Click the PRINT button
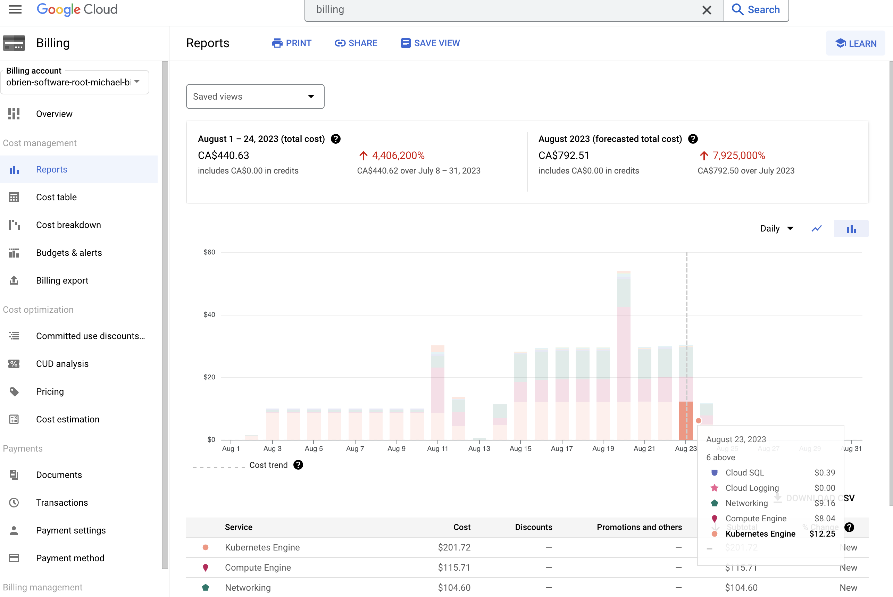[292, 43]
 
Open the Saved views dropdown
[255, 96]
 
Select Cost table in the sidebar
[56, 197]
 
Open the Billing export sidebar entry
[62, 280]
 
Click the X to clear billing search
[707, 10]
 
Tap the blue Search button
[756, 10]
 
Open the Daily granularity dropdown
[776, 228]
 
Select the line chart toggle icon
[817, 228]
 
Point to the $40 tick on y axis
[209, 315]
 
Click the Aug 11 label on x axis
[437, 448]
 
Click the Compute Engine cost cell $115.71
[454, 568]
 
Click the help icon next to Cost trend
[298, 465]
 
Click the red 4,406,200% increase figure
[398, 155]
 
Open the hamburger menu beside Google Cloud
[15, 9]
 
